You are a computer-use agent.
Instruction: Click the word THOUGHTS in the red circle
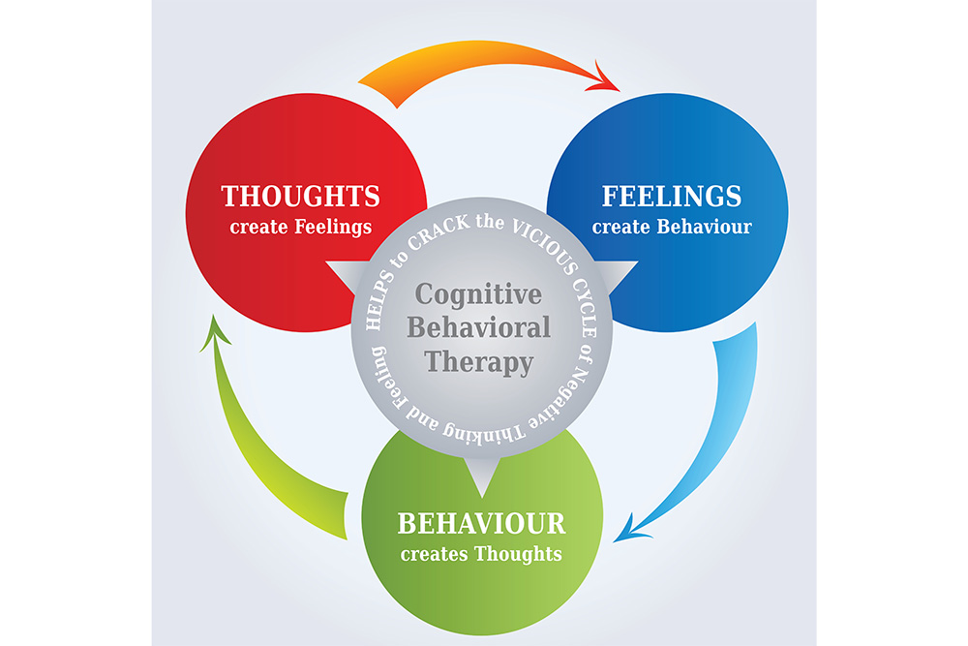300,197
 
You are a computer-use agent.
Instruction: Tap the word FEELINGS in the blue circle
672,197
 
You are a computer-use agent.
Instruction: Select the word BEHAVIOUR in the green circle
481,524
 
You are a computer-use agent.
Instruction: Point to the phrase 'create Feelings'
300,229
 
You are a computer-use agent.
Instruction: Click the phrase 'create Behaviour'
672,229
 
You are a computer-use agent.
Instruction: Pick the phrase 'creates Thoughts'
481,555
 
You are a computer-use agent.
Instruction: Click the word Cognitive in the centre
478,293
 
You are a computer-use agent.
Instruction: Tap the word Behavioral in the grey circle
478,327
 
